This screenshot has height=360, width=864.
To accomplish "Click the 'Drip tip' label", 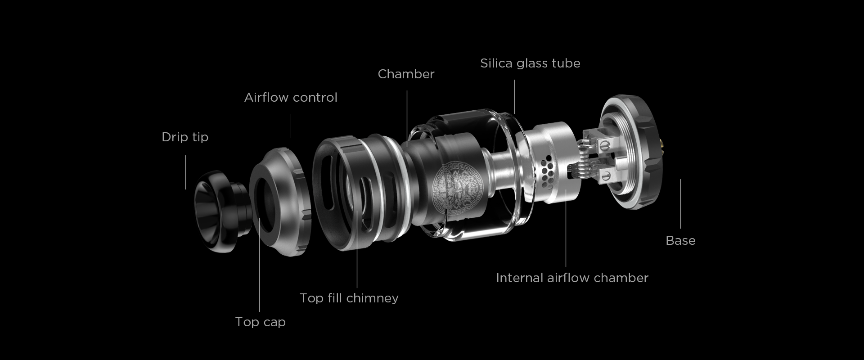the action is [x=185, y=137].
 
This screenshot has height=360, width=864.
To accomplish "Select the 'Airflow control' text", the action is [x=291, y=97].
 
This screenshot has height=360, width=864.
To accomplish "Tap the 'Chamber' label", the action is [x=406, y=74].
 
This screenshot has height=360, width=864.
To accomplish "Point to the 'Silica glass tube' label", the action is [x=530, y=63].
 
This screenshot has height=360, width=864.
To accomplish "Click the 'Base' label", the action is [x=680, y=240].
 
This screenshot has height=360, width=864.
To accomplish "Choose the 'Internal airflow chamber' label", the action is [x=572, y=278].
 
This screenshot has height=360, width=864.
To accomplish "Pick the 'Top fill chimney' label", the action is [x=349, y=298].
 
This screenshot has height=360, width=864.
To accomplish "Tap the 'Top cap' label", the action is [x=260, y=322].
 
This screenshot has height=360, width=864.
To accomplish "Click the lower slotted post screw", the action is [x=605, y=176].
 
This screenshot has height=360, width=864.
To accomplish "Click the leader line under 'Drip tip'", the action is [x=185, y=172].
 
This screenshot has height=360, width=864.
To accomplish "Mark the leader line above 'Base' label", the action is [x=680, y=204].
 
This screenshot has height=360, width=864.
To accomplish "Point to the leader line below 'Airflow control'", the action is [x=291, y=126].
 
